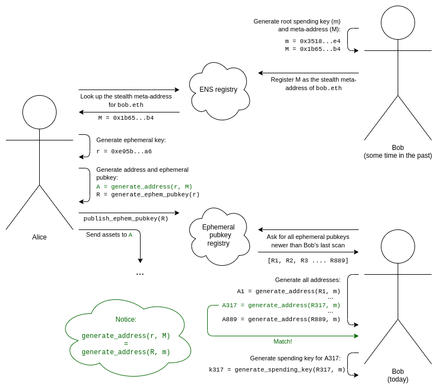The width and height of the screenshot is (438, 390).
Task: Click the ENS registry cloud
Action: [x=218, y=90]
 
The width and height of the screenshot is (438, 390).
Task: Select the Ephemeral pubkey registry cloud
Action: [x=218, y=235]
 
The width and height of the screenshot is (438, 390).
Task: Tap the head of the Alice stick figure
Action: [x=39, y=112]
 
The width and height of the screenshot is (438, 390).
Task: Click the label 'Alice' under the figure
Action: [x=39, y=237]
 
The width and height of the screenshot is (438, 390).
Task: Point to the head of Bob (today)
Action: [x=398, y=246]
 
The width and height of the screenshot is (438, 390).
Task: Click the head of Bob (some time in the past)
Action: [x=398, y=22]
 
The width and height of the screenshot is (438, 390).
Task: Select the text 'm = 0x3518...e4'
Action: [x=313, y=41]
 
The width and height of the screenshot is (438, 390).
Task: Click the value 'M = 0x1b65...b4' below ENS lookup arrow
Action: [x=126, y=118]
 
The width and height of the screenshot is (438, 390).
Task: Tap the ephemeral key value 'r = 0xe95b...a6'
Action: [x=124, y=152]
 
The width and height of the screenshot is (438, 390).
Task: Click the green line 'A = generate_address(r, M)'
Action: [x=145, y=187]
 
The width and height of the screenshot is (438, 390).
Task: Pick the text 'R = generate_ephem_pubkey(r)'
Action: [x=148, y=195]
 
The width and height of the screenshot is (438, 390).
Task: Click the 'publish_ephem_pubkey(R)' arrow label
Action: [x=126, y=219]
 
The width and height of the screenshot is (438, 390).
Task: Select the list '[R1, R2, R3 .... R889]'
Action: [x=308, y=261]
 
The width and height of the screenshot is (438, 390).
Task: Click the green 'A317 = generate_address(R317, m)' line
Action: [x=281, y=306]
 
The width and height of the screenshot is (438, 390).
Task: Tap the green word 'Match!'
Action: [x=283, y=341]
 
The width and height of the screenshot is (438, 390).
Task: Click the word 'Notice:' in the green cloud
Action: [x=126, y=319]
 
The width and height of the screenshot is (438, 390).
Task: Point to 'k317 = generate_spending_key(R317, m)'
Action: [x=277, y=370]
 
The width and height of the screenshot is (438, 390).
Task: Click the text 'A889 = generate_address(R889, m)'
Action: [x=281, y=319]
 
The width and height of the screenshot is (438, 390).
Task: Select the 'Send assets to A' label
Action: [x=109, y=235]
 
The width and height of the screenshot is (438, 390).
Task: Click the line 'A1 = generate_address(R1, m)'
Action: [x=288, y=292]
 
